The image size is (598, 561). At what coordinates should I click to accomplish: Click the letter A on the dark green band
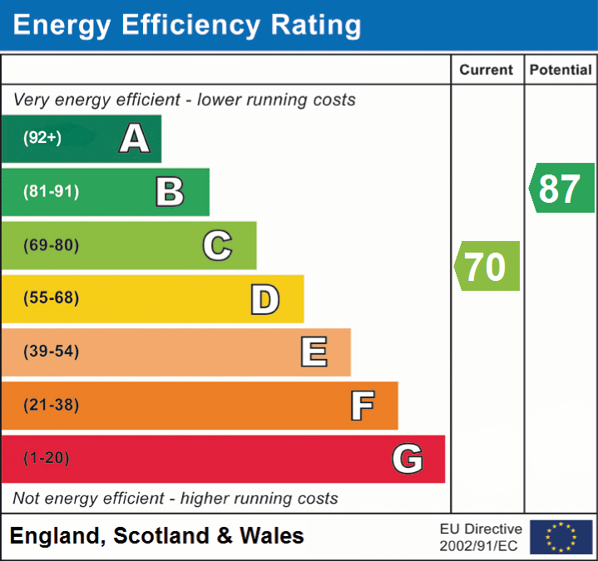[135, 138]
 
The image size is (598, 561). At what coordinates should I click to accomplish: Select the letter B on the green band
[170, 192]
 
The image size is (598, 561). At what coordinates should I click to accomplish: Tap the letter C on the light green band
[217, 245]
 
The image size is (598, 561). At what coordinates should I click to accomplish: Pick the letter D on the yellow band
[264, 299]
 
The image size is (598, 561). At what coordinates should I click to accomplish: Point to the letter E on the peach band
[314, 352]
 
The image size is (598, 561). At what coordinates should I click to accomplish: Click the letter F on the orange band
[362, 406]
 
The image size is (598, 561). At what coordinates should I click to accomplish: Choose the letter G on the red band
[408, 459]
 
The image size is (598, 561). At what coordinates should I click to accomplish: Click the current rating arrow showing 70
[487, 266]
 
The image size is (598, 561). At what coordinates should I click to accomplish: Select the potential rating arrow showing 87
[562, 188]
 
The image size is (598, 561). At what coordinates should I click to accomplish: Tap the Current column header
[487, 71]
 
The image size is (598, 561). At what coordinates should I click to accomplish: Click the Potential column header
[561, 71]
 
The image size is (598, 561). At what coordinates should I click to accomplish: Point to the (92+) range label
[42, 138]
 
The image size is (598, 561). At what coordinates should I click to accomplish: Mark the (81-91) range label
[51, 192]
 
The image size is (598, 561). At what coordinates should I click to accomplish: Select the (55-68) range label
[51, 298]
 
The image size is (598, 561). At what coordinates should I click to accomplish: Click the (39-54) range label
[51, 352]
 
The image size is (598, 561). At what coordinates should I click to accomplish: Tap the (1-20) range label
[47, 458]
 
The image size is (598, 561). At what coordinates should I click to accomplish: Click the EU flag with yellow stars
[561, 537]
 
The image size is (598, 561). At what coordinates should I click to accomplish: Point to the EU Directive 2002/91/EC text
[481, 537]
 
